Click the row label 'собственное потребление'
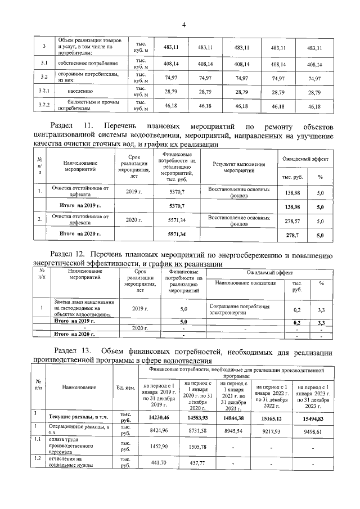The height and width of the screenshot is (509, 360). point(88,64)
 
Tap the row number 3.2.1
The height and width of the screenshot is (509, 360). point(44,90)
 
